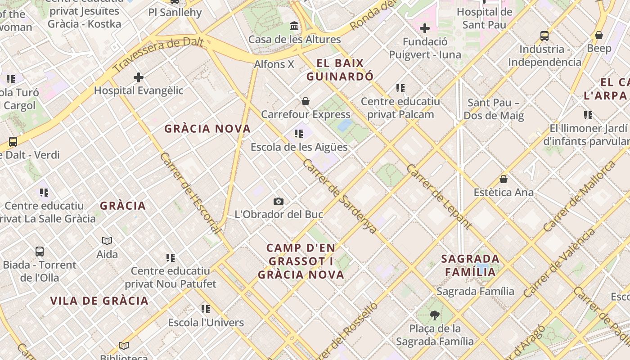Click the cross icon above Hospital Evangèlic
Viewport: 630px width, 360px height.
coord(139,77)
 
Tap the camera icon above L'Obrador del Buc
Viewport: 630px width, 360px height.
coord(279,201)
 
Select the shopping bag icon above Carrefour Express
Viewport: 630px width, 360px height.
coord(306,101)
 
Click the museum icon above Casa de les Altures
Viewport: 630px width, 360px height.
coord(294,26)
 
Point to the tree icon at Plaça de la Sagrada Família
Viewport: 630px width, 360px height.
coord(434,315)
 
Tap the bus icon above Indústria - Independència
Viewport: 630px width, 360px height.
coord(544,36)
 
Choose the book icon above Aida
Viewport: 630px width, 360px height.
coord(107,241)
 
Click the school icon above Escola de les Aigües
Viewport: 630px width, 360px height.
coord(299,134)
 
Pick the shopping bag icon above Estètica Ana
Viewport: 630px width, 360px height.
coord(504,179)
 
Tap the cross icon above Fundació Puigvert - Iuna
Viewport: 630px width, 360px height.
coord(424,29)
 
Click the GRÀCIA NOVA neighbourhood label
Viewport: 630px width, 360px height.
coord(207,129)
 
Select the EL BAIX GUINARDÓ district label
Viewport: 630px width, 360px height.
coord(340,70)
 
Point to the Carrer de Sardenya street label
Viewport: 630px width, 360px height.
coord(340,196)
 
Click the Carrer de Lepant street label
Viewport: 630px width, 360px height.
coord(439,197)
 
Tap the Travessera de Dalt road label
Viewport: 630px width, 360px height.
coord(158,56)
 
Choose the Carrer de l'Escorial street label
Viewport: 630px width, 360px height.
coord(190,193)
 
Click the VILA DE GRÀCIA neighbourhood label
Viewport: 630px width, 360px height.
coord(99,301)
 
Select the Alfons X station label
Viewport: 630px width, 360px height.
coord(274,64)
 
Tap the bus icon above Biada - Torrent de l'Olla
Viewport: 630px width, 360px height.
coord(40,252)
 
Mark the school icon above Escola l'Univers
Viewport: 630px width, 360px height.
coord(206,309)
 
